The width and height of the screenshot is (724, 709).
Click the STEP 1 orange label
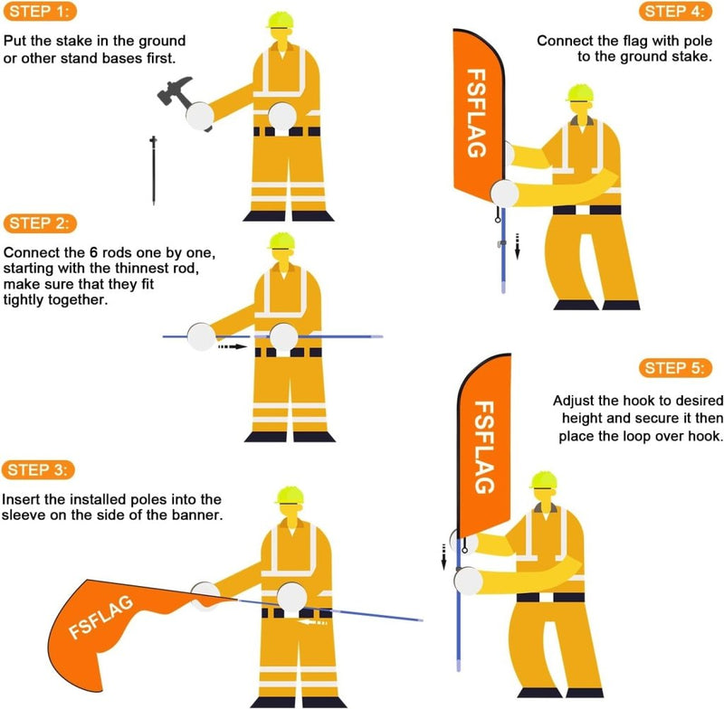pyautogui.click(x=41, y=13)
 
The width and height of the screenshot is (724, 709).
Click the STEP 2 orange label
pyautogui.click(x=41, y=223)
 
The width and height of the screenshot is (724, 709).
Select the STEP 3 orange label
pyautogui.click(x=41, y=470)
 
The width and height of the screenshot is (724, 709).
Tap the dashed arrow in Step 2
pyautogui.click(x=233, y=345)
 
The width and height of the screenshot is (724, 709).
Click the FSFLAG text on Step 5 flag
pyautogui.click(x=484, y=447)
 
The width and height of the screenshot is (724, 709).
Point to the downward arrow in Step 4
pyautogui.click(x=518, y=244)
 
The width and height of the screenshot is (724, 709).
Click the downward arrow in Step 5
pyautogui.click(x=445, y=561)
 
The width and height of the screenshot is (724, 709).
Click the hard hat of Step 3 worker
pyautogui.click(x=291, y=491)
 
